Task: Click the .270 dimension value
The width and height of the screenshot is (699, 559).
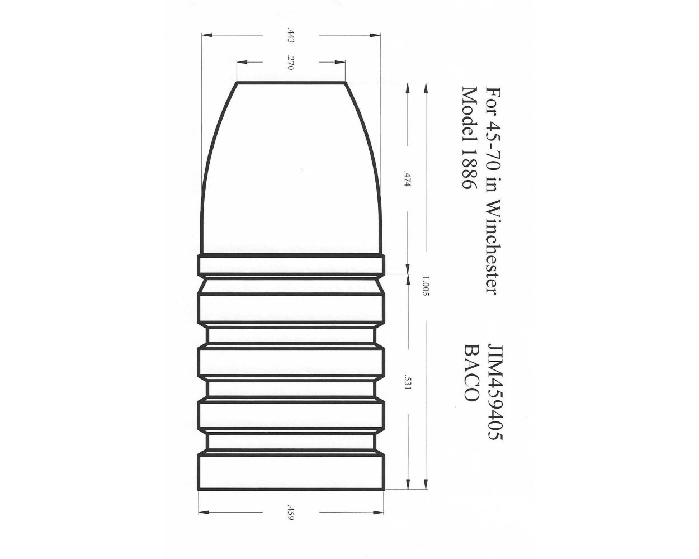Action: coord(290,62)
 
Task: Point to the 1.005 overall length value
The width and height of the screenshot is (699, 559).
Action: coord(426,286)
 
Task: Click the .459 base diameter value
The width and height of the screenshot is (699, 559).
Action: coord(290,513)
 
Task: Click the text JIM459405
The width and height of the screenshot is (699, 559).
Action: coord(494,391)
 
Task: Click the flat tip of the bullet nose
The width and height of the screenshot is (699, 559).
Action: coord(291,83)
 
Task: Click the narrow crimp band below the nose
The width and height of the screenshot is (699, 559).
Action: coord(291,265)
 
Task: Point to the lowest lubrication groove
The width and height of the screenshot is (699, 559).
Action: coord(291,441)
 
